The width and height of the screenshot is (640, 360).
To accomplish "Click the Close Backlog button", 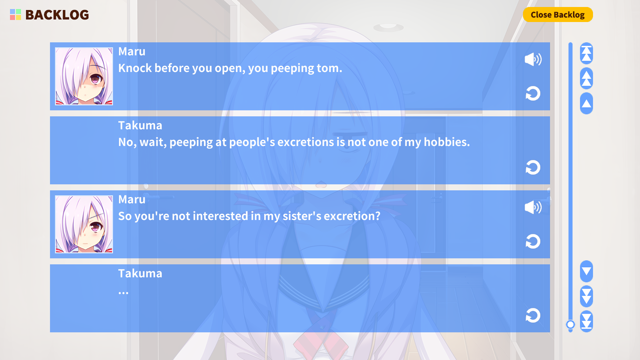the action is click(558, 15).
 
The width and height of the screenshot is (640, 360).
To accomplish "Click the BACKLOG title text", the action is click(57, 15).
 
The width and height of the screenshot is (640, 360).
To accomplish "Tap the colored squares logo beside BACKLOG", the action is click(15, 15).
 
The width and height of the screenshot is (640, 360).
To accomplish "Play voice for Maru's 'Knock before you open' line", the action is click(533, 59).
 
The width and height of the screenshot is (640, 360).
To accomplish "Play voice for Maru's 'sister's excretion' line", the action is click(533, 207).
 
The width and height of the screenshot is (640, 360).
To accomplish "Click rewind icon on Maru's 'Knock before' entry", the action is click(533, 93).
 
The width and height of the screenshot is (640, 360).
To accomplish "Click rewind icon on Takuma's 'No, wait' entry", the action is click(533, 167).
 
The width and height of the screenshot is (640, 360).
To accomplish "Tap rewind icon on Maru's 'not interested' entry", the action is click(533, 241).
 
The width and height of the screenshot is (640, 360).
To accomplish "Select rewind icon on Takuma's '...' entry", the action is click(533, 315).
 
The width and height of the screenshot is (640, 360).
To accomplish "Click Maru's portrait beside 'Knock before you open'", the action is click(84, 76).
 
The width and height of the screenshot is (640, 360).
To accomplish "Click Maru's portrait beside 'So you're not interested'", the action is click(84, 224).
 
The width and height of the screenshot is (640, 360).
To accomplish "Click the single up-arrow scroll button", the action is click(586, 103).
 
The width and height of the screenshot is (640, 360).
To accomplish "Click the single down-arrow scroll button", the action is click(586, 271).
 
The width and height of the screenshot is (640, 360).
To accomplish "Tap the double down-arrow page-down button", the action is click(586, 296).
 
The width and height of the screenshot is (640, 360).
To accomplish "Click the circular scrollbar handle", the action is click(570, 324).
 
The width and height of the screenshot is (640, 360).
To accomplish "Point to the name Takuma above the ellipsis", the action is click(140, 273).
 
